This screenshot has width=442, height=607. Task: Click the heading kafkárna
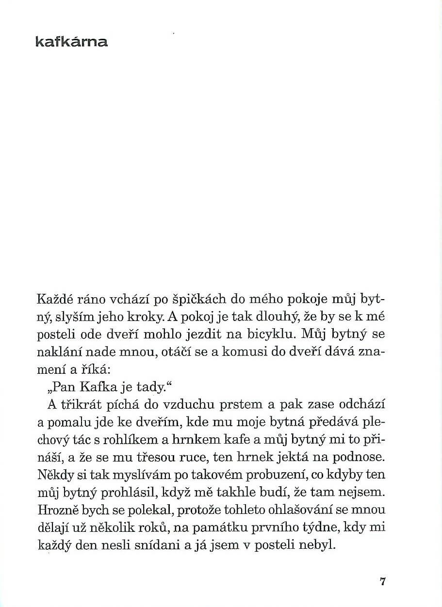(x=72, y=42)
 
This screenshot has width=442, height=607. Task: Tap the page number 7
(x=383, y=581)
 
